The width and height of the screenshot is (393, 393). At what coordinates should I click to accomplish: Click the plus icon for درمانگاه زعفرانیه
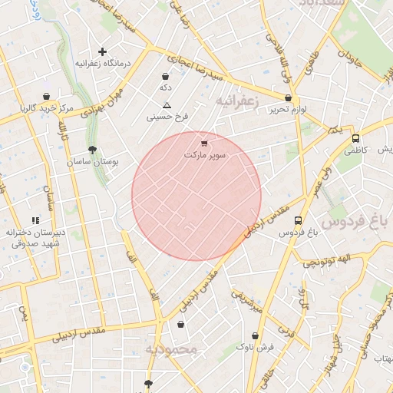(102, 51)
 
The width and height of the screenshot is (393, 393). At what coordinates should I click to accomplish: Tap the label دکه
(164, 88)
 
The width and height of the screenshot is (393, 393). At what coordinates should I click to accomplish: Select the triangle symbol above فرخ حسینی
(167, 104)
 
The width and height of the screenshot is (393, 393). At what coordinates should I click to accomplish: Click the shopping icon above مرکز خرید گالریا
(47, 97)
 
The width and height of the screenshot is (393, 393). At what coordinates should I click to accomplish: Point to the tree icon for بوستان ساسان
(93, 150)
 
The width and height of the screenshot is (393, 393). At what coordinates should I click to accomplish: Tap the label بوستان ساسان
(90, 163)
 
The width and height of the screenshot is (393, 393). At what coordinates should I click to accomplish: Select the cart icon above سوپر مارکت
(203, 143)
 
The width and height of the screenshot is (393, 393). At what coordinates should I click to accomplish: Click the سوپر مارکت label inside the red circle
(205, 155)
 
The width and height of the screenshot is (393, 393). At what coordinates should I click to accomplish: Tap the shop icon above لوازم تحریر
(288, 98)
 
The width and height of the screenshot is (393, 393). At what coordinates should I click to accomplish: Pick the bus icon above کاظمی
(355, 138)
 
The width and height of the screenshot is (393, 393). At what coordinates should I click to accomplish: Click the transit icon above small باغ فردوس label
(298, 220)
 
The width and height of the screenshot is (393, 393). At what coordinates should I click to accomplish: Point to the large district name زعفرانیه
(238, 101)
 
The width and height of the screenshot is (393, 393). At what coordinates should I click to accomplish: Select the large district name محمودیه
(173, 349)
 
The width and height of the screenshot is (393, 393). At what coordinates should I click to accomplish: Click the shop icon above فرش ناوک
(256, 335)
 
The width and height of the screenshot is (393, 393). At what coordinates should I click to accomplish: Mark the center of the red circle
(196, 196)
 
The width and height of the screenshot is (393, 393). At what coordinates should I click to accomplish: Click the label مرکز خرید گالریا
(47, 109)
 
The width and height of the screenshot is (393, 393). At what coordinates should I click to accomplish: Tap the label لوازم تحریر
(288, 111)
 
